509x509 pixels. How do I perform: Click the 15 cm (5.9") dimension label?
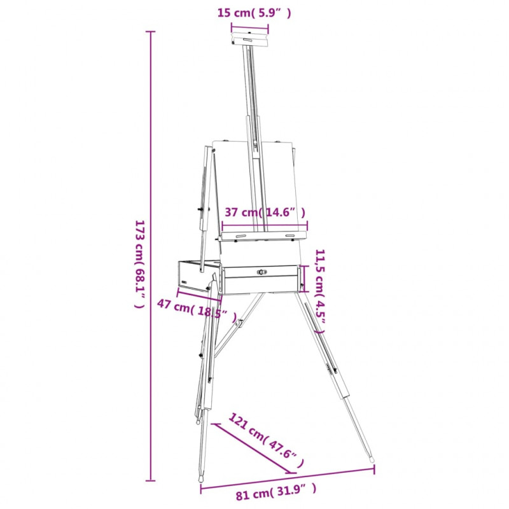pyautogui.click(x=254, y=13)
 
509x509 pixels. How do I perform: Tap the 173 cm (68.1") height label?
pyautogui.click(x=139, y=264)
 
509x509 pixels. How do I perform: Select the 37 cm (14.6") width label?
pyautogui.click(x=265, y=213)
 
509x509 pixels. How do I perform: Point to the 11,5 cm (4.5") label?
pyautogui.click(x=320, y=291)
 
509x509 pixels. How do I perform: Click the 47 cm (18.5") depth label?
pyautogui.click(x=197, y=310)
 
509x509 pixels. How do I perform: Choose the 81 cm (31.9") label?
pyautogui.click(x=275, y=494)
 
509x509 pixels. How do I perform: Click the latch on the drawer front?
pyautogui.click(x=261, y=272)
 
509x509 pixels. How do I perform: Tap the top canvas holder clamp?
pyautogui.click(x=249, y=39)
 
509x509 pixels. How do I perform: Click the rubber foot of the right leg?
pyautogui.click(x=372, y=459)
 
